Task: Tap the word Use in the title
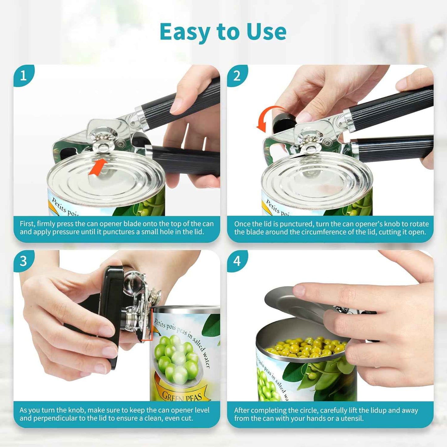(266, 32)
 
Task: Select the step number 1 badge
(24, 75)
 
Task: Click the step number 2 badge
(237, 75)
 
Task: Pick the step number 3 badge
(24, 261)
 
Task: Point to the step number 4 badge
(237, 261)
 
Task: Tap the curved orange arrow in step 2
(268, 118)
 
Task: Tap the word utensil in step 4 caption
(352, 419)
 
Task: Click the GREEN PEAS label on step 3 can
(182, 396)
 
